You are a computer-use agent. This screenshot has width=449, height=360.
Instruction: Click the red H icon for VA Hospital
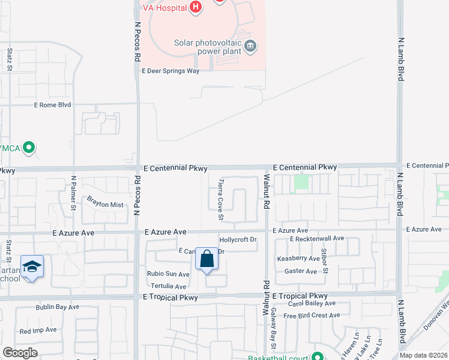point(195,7)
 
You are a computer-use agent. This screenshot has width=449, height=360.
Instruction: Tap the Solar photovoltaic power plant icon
point(251,45)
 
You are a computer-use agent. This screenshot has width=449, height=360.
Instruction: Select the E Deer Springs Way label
point(170,71)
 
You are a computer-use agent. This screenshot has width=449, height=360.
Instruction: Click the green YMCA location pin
point(28,147)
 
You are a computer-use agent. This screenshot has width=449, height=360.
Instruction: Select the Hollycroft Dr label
point(238,239)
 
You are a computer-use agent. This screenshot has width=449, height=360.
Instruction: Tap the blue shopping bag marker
point(206,260)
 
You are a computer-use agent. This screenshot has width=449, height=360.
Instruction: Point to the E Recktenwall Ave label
point(316,239)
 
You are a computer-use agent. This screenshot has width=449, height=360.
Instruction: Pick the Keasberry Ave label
point(298,259)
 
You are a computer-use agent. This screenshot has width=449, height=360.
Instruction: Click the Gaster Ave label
point(301,271)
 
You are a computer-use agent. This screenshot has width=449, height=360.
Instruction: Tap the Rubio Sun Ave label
point(168,274)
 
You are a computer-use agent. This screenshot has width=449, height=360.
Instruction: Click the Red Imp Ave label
point(38,330)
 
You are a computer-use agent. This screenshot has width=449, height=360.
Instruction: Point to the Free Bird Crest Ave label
point(312,316)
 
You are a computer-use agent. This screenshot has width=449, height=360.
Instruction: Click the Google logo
point(20,353)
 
